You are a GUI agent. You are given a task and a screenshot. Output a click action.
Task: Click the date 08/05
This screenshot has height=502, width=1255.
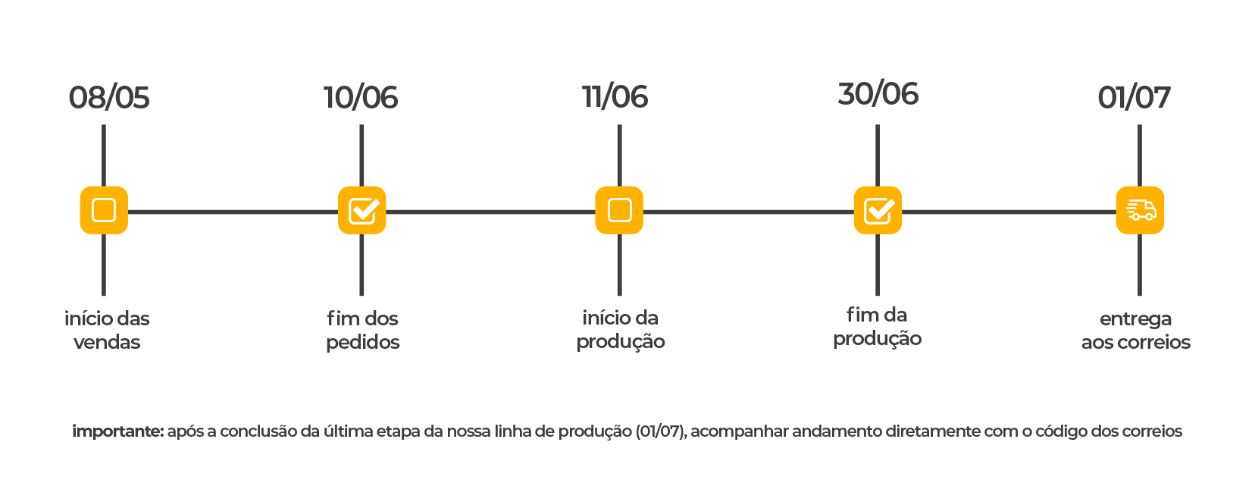pos(108,98)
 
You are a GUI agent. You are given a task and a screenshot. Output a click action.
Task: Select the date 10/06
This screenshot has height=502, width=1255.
pos(361,98)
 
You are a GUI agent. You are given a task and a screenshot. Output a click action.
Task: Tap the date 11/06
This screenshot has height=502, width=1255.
pos(615,97)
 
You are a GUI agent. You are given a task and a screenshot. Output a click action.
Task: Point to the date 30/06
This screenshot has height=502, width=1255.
pos(878,94)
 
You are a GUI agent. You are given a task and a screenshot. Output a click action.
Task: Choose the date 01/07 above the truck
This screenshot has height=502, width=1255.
pos(1134,98)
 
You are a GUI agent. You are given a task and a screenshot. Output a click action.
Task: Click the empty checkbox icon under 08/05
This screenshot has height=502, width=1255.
pos(105,210)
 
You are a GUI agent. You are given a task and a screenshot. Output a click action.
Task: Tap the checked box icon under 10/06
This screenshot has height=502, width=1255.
pos(362,210)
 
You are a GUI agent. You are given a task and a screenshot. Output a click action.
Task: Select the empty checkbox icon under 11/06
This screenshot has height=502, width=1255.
pos(619,210)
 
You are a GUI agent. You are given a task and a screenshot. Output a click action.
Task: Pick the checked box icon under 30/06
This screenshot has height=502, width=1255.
pos(878,210)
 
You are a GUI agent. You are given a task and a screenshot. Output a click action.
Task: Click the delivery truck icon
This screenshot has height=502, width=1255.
pos(1140,210)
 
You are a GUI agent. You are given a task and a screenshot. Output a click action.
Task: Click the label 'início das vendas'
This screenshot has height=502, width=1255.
pos(107,331)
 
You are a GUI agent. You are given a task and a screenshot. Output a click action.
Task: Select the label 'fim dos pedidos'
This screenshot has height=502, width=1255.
pos(362,331)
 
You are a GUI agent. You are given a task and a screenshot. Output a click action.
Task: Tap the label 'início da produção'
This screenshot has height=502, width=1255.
pos(620,330)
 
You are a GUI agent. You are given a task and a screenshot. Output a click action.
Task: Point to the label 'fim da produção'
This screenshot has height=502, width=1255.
pos(878,327)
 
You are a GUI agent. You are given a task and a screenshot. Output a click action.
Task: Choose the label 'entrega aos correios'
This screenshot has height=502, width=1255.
pos(1136,331)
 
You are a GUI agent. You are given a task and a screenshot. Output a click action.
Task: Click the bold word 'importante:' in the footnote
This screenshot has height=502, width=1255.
pos(117,431)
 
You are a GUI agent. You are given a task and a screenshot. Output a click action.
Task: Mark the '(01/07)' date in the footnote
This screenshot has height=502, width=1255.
pos(661,431)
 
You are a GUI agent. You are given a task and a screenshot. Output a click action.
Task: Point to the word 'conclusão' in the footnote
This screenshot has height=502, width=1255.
pos(258,431)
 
